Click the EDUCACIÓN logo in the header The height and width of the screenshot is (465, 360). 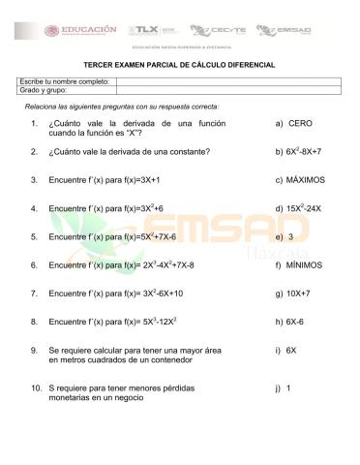88,30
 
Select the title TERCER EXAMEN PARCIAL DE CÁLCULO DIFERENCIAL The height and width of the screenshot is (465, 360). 179,64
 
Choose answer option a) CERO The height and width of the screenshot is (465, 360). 293,124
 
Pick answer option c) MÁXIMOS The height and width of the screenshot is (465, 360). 300,180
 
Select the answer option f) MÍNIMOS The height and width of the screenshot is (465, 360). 298,264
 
